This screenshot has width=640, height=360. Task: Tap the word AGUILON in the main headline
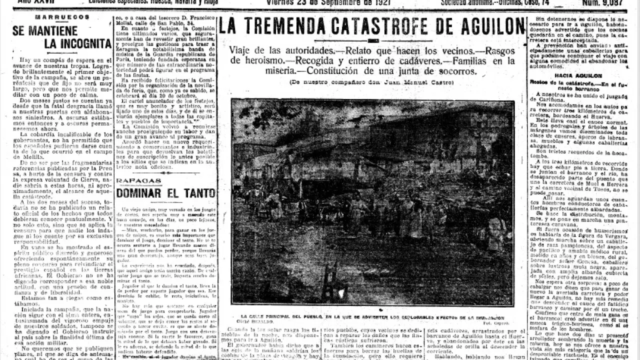click(482, 25)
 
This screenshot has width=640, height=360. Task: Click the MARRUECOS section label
click(62, 16)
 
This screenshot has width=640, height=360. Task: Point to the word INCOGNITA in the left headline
click(77, 43)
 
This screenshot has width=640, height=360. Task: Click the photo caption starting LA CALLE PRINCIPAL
click(372, 317)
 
